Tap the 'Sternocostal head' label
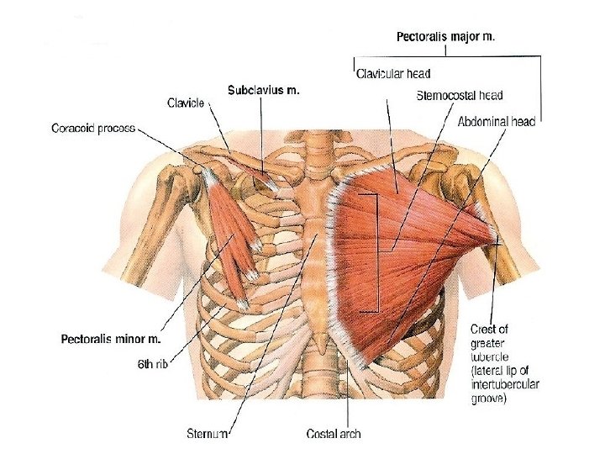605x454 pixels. [x=460, y=95]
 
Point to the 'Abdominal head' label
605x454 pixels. [x=497, y=121]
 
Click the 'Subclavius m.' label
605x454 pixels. [x=264, y=89]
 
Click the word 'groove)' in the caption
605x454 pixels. [x=487, y=400]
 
